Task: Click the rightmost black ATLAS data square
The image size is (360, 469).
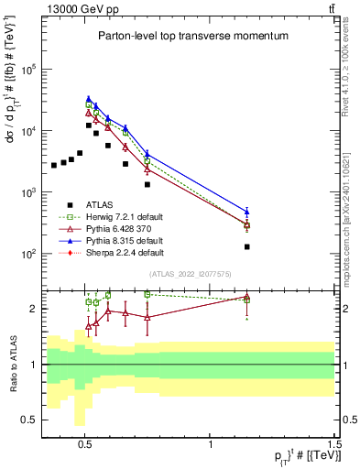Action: (247, 246)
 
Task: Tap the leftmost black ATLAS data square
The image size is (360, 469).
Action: (54, 165)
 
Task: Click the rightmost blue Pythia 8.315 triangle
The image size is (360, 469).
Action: (247, 212)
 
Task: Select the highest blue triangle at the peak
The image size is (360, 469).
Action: (89, 99)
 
